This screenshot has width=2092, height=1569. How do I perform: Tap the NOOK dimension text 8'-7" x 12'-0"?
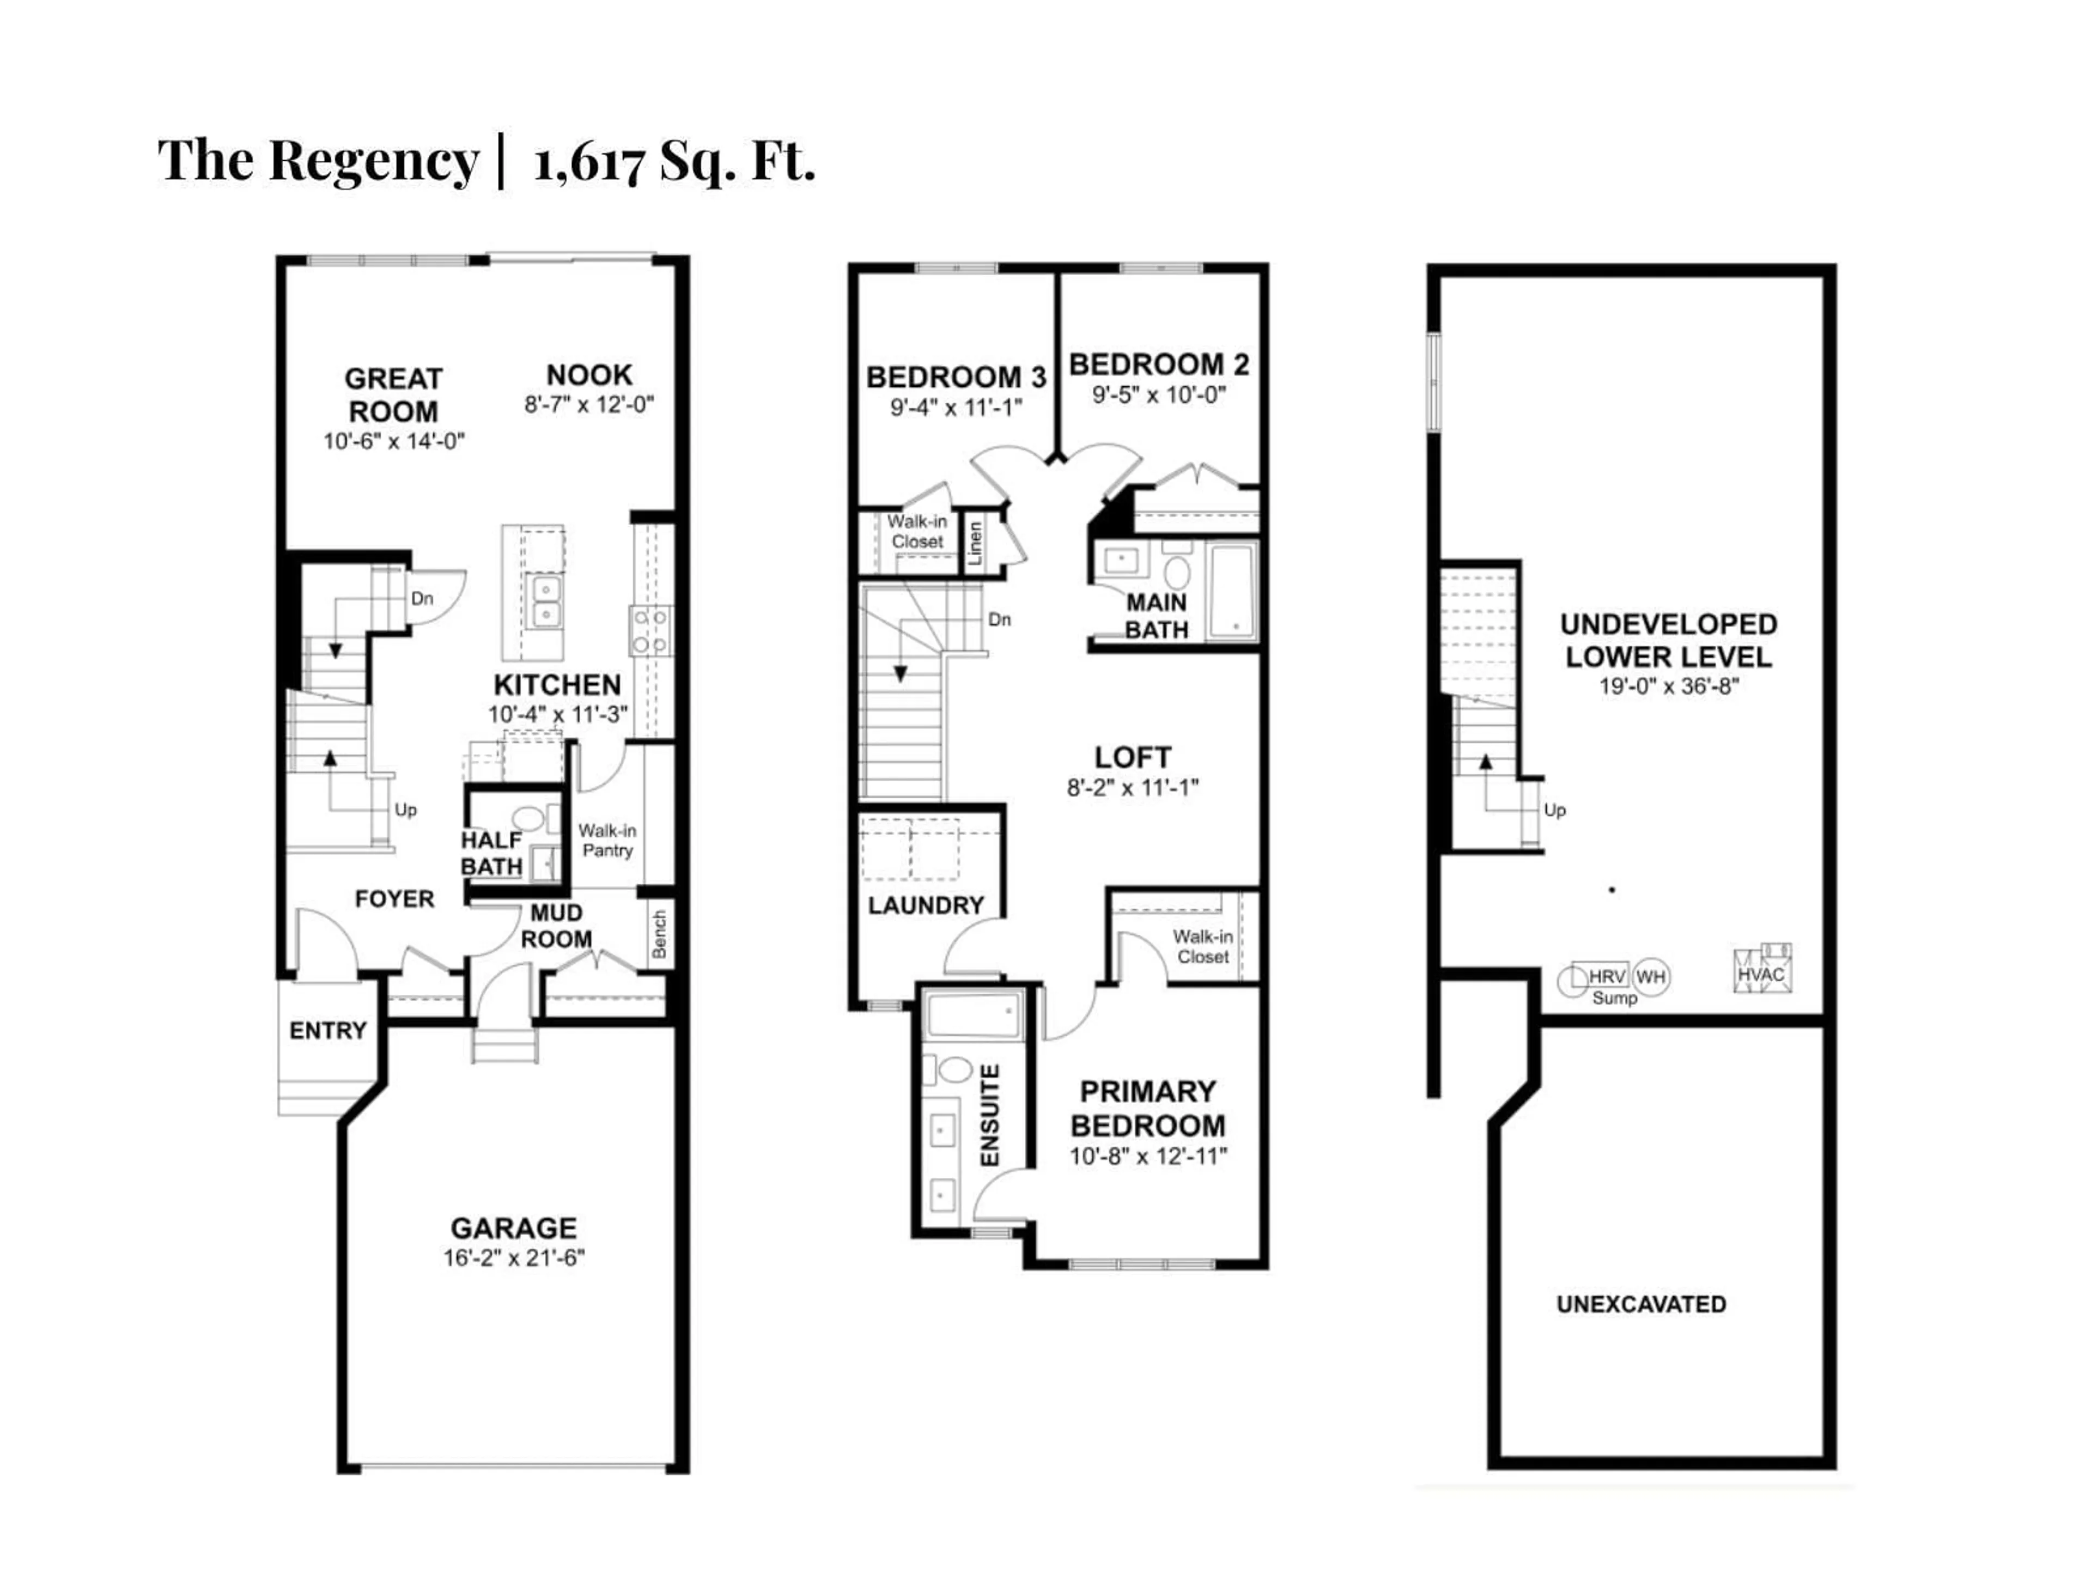pos(589,405)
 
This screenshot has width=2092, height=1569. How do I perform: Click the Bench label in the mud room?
pos(659,934)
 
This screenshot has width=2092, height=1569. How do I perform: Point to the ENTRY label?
pos(327,1031)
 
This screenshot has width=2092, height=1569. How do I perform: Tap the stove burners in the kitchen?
pos(650,631)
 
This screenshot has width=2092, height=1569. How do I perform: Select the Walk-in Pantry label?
pos(607,840)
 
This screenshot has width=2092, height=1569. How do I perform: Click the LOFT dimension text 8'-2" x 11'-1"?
pos(1132,788)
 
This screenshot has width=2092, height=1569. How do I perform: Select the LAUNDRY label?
pos(926,906)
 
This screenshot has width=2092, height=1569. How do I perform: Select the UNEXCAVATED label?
pos(1641,1304)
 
